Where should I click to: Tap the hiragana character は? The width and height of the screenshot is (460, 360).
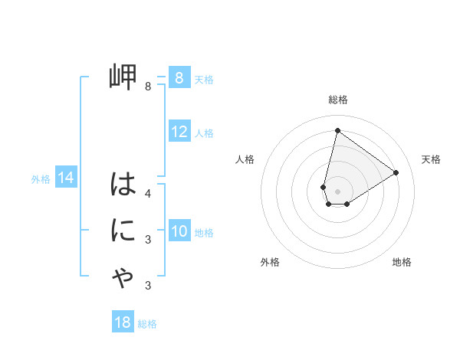(x=123, y=185)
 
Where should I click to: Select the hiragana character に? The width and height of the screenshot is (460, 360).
(x=123, y=231)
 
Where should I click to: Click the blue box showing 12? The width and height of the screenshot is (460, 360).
(x=179, y=132)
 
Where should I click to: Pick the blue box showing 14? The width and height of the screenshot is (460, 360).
(x=66, y=178)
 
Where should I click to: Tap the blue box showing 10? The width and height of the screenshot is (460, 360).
(x=179, y=231)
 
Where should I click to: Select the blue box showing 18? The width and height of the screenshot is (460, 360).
(x=123, y=322)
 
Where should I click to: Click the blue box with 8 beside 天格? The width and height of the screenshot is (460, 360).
(x=179, y=77)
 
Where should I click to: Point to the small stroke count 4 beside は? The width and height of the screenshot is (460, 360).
(x=148, y=194)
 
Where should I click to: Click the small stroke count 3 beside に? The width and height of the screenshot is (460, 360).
(x=148, y=240)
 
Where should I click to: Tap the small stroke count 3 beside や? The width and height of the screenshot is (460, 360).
(x=148, y=286)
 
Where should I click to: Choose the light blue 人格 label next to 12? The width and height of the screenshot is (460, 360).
(x=204, y=133)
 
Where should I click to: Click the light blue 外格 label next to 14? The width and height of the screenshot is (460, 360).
(x=41, y=179)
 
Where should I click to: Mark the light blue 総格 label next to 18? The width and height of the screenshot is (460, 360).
(x=147, y=324)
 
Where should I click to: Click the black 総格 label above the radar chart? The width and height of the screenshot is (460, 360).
(x=337, y=100)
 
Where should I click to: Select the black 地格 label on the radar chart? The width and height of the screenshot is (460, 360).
(x=402, y=262)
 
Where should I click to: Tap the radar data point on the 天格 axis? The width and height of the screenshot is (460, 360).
(x=396, y=172)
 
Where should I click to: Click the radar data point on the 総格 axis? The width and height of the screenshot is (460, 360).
(x=337, y=130)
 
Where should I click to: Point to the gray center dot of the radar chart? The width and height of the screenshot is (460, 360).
(x=337, y=191)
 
